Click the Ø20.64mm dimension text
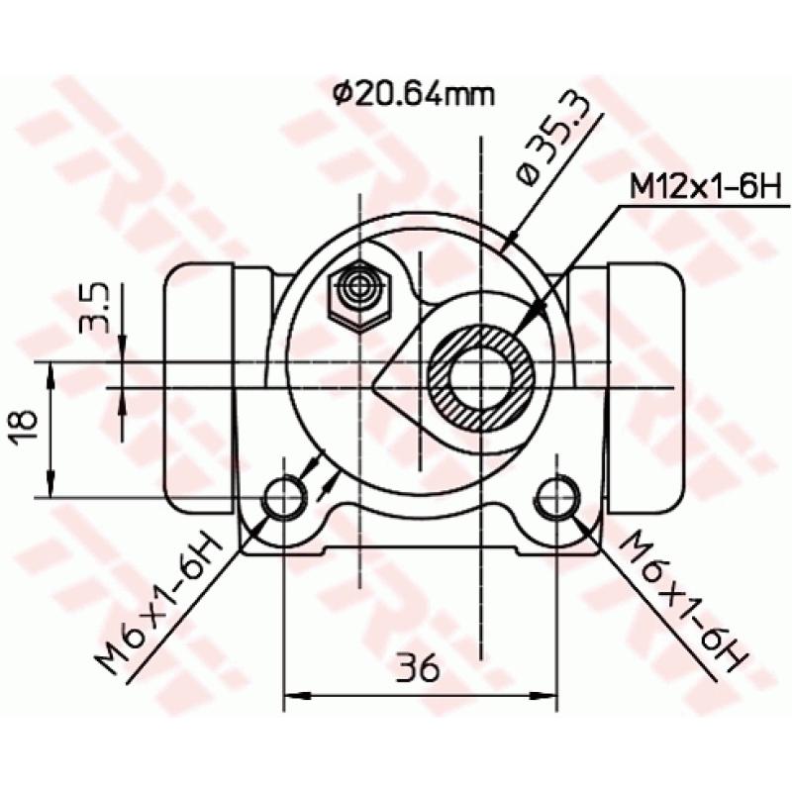click(x=413, y=95)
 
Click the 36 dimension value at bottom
click(x=420, y=669)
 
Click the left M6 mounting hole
click(x=285, y=496)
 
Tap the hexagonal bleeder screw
click(x=359, y=293)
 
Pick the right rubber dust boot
click(x=643, y=386)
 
